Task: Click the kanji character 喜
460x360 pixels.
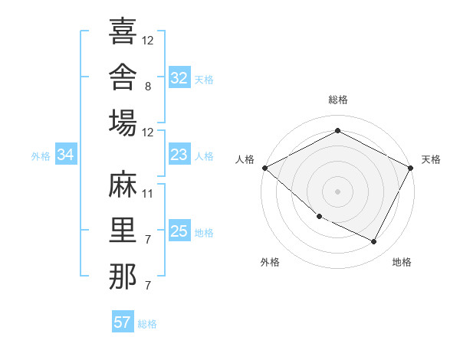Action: tap(123, 31)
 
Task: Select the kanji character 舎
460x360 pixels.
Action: tap(123, 77)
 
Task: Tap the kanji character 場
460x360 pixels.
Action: tap(123, 123)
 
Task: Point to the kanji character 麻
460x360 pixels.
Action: tap(123, 184)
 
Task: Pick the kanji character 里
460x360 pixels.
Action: tap(123, 230)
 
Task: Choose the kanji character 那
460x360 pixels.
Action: tap(123, 276)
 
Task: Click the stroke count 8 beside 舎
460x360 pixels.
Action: tap(148, 87)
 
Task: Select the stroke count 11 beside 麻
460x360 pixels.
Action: tap(147, 194)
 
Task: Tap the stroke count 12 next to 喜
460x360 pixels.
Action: tap(147, 41)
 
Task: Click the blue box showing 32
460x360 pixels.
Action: tap(179, 77)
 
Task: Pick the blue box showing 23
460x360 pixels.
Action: tap(179, 154)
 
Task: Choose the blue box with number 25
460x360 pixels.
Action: tap(179, 230)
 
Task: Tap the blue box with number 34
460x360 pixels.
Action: tap(66, 154)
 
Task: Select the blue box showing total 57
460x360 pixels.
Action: tap(123, 321)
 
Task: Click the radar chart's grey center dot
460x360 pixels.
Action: tap(337, 191)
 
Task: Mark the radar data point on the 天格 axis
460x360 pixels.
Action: tap(410, 168)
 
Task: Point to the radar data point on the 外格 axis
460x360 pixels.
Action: tap(320, 217)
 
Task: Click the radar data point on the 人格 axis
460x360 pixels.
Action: tap(265, 168)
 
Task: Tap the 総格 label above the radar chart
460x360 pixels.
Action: tap(338, 100)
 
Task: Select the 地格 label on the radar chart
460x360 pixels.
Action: tap(402, 262)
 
